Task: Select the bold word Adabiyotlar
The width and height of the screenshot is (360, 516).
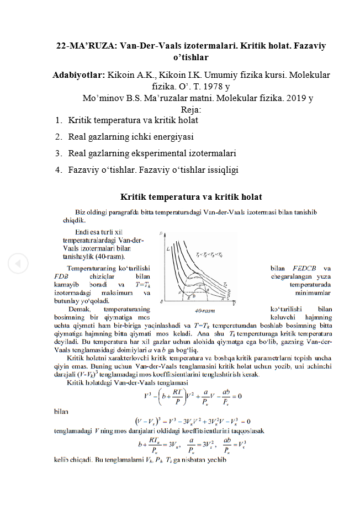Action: coord(78,75)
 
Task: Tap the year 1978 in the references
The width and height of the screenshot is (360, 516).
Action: coord(208,87)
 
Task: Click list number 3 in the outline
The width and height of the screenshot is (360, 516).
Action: coord(58,153)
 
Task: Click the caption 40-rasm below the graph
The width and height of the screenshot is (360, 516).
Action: coord(205,310)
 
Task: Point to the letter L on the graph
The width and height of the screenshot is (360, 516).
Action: coord(168,249)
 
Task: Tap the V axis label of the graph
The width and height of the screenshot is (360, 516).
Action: coord(234,304)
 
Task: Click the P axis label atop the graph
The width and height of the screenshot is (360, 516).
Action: coord(161,233)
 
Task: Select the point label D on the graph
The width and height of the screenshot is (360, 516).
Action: coord(193,297)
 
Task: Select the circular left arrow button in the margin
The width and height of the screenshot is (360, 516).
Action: coord(17,264)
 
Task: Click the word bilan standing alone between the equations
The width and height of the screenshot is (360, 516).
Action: coord(62,411)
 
